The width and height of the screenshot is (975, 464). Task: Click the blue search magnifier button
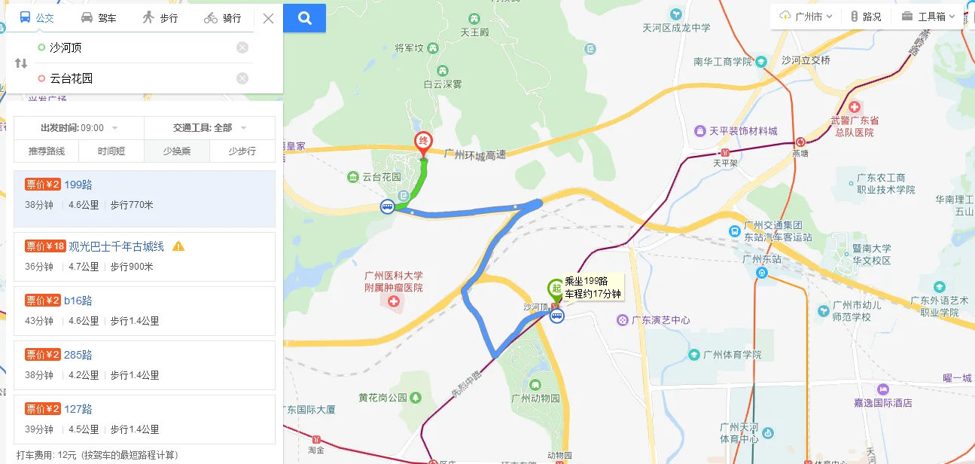305,18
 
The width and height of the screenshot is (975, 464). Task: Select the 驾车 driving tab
99,18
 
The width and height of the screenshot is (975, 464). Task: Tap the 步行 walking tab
160,18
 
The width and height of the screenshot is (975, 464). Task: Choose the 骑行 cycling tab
223,18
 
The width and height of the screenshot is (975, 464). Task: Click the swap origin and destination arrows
21,63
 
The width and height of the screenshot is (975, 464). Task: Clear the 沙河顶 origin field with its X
242,47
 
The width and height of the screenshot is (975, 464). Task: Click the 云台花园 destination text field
136,78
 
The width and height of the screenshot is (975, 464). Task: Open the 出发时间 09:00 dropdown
79,128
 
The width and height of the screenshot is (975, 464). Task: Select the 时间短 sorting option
111,151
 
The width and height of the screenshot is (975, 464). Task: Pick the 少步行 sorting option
242,151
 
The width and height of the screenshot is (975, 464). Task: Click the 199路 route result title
78,185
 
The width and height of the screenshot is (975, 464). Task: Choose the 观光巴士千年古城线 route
116,246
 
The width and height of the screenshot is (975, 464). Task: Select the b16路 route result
78,301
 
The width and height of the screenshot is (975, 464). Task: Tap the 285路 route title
78,355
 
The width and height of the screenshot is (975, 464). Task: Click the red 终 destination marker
424,142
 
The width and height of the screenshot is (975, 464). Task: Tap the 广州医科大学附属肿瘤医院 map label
393,282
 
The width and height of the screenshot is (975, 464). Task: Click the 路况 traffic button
866,17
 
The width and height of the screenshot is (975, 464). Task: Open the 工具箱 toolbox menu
928,17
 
